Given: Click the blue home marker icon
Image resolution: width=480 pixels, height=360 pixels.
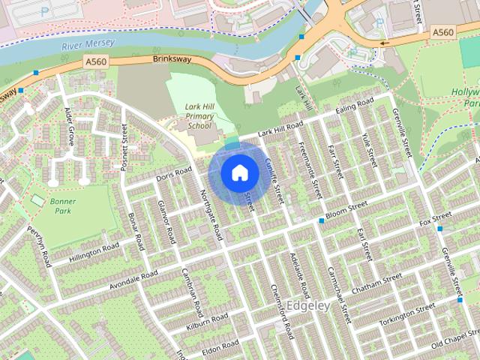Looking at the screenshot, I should click(x=238, y=173).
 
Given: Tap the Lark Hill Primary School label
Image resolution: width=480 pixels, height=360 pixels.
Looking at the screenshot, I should click(x=199, y=116).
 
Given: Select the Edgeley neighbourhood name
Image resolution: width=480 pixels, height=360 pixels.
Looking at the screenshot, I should click(x=308, y=306).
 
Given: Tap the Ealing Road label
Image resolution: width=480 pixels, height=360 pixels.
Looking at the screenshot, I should click(x=355, y=106).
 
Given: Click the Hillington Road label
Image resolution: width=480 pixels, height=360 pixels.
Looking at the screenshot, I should click(x=94, y=251).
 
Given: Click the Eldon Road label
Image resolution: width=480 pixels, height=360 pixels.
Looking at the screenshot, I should click(x=220, y=346).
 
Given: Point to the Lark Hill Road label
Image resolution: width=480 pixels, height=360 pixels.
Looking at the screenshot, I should click(x=280, y=128).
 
